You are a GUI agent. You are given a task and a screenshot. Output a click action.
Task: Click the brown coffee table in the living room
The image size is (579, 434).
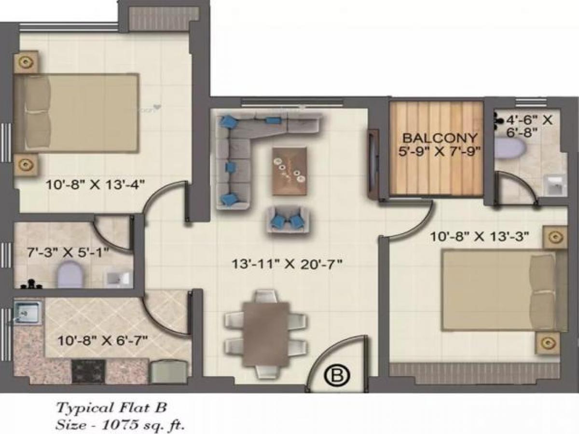click(289, 171)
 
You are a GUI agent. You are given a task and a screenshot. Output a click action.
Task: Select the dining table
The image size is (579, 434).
click(266, 333)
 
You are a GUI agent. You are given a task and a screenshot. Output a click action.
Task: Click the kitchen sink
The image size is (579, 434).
click(28, 313)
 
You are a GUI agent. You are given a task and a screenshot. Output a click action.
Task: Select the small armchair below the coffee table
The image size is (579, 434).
click(289, 219)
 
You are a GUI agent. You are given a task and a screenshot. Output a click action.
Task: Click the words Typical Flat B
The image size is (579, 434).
click(112, 408)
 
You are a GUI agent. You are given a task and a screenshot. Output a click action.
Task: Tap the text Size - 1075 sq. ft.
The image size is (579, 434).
click(121, 425)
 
